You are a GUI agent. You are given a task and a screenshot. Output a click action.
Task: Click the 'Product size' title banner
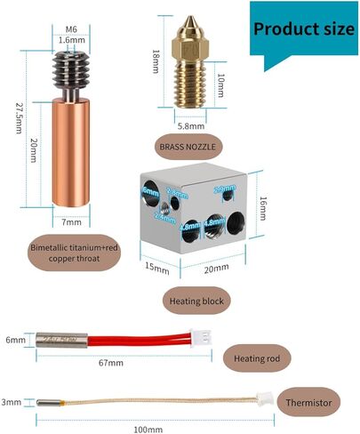coord(302,28)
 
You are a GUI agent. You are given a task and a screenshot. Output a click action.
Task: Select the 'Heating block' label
coord(196,300)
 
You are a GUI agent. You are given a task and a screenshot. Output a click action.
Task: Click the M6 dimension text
coord(66,27)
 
